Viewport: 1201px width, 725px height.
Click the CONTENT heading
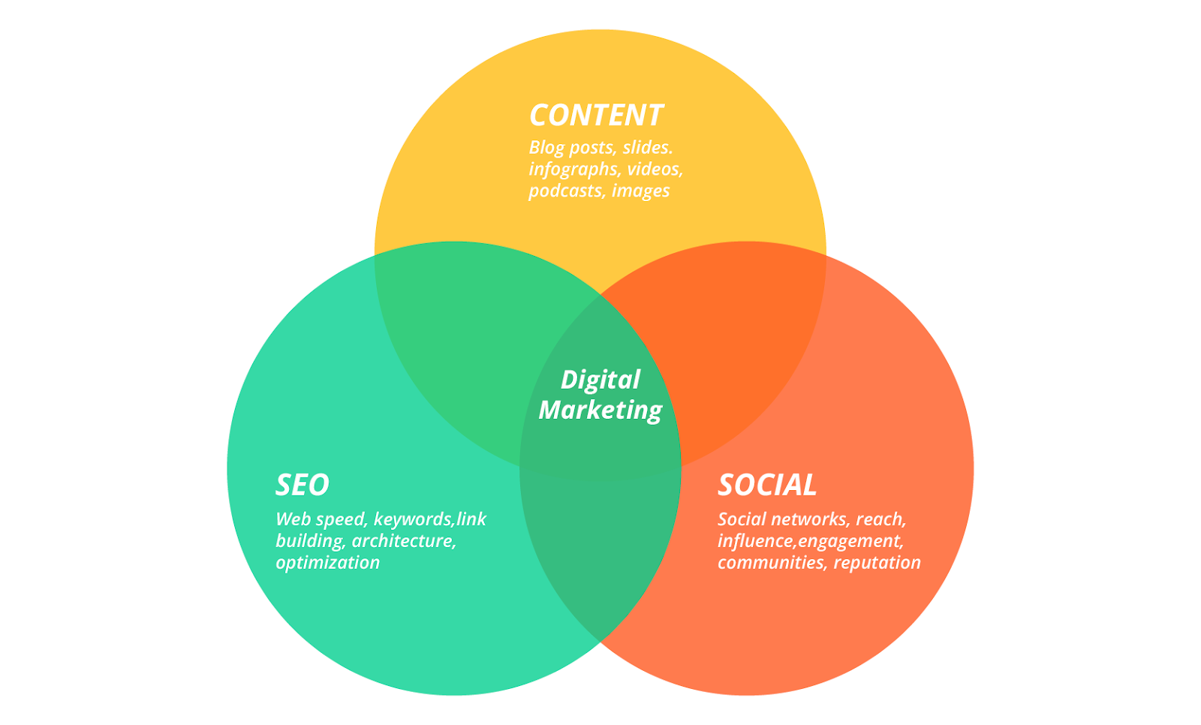click(x=596, y=116)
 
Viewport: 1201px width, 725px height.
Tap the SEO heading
click(x=303, y=485)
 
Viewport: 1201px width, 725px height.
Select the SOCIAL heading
click(x=767, y=485)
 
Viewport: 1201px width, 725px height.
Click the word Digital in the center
click(x=600, y=380)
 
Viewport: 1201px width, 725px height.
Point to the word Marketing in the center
click(x=600, y=410)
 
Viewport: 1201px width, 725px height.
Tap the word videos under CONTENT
click(x=655, y=169)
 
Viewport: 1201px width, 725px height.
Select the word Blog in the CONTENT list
click(x=546, y=147)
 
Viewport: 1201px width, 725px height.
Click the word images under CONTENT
click(x=640, y=191)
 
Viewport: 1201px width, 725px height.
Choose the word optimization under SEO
click(x=327, y=563)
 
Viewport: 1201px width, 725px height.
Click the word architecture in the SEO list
click(x=404, y=541)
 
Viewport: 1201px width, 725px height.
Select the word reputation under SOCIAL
click(x=877, y=563)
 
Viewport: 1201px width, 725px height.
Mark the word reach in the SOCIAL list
click(x=880, y=519)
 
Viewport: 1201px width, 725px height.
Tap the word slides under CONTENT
click(x=647, y=147)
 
